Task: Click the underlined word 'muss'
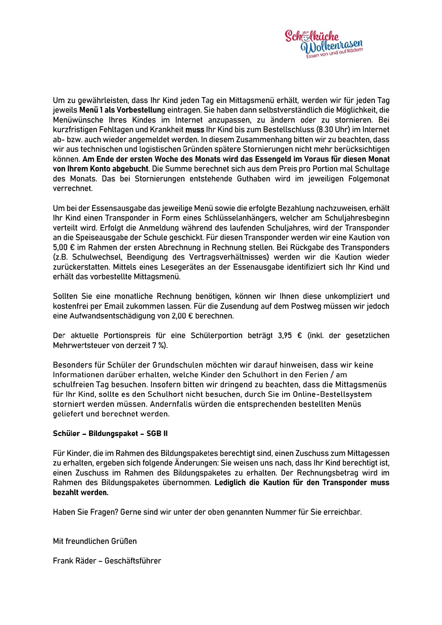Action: tap(194, 130)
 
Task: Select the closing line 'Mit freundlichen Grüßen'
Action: tap(95, 541)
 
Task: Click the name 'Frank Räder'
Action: tap(74, 561)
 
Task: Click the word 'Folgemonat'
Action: tap(367, 179)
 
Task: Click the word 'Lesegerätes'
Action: tap(181, 267)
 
